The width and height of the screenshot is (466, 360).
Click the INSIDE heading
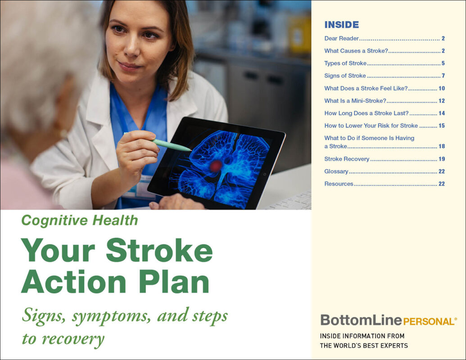341,25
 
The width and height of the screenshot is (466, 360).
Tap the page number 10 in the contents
441,89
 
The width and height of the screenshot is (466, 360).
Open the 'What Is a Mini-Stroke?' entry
355,101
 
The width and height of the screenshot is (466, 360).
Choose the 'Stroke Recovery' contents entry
347,159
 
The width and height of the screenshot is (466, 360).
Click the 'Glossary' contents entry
336,171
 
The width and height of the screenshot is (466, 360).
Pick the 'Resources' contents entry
339,184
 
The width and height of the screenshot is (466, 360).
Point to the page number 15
441,126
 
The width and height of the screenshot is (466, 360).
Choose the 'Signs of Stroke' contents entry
345,76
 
